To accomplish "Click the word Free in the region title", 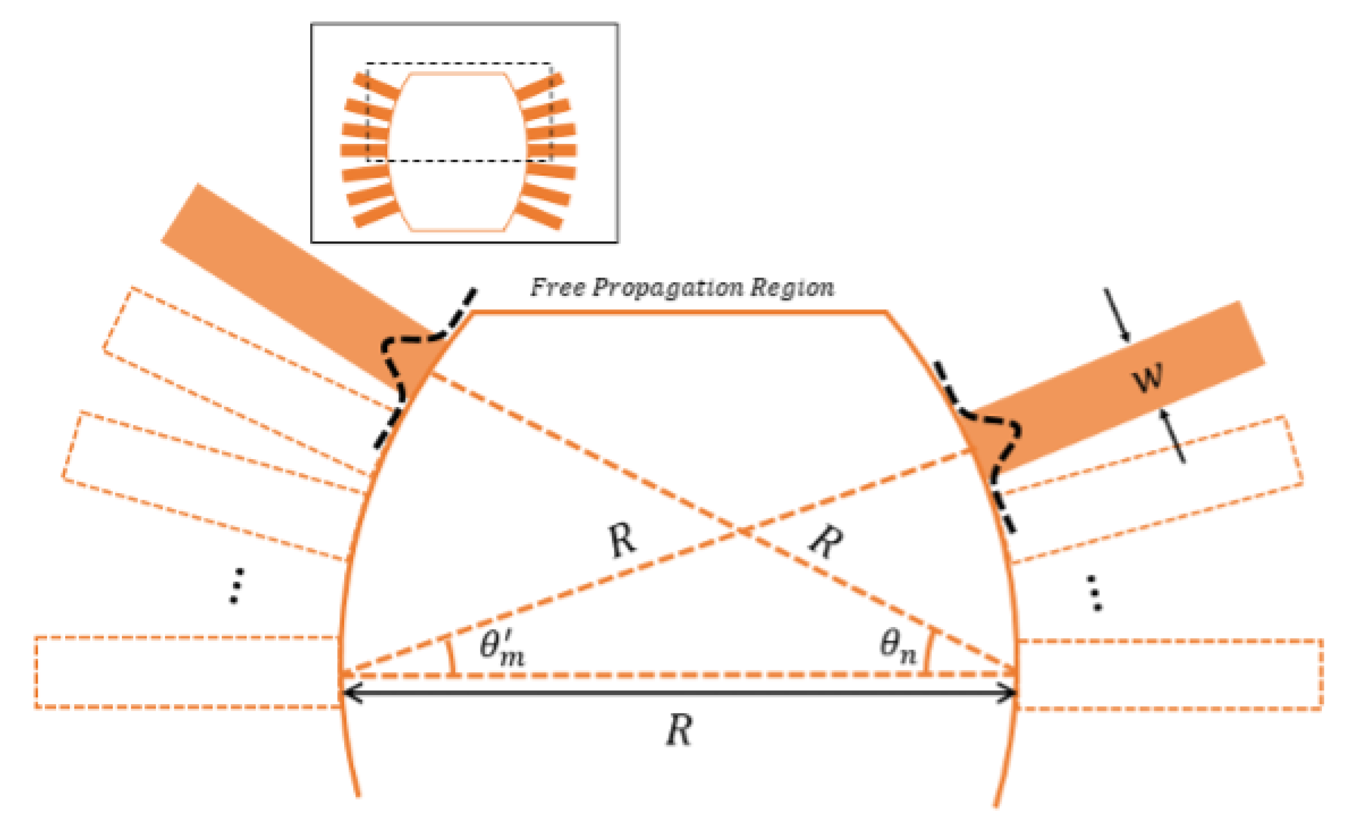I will pyautogui.click(x=558, y=287).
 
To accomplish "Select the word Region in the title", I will pyautogui.click(x=792, y=287).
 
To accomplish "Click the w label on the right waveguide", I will pyautogui.click(x=1147, y=378).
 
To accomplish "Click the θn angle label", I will pyautogui.click(x=898, y=647).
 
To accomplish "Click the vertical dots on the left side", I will pyautogui.click(x=237, y=586).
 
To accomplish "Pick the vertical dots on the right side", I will pyautogui.click(x=1095, y=593).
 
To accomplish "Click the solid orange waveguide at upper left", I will pyautogui.click(x=287, y=281).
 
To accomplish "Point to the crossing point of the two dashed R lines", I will pyautogui.click(x=741, y=531).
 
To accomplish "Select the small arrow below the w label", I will pyautogui.click(x=1172, y=436).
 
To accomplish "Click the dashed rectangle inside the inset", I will pyautogui.click(x=459, y=112).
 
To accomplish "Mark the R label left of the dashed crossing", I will pyautogui.click(x=622, y=540).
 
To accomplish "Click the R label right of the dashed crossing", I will pyautogui.click(x=826, y=542).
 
